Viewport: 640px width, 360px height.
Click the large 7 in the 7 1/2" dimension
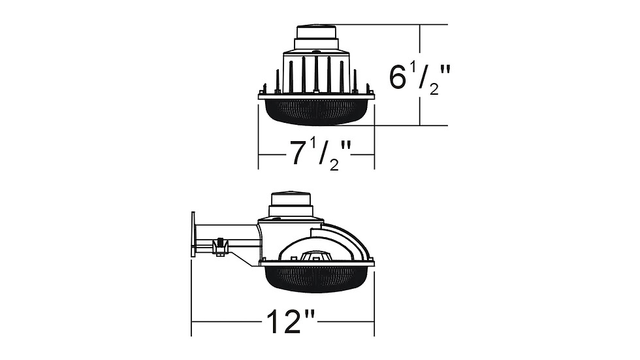299,153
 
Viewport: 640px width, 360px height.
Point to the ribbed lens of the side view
316,279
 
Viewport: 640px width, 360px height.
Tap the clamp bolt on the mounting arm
220,246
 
